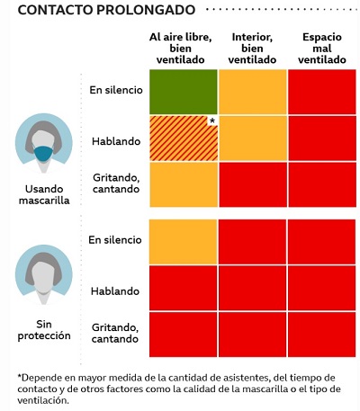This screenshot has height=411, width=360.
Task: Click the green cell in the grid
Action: (x=184, y=92)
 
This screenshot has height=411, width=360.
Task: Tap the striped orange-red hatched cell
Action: (x=184, y=138)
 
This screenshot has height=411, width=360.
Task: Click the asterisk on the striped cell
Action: (x=212, y=121)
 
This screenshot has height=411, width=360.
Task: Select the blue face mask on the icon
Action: (x=43, y=154)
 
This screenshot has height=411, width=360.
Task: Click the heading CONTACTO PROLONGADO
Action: (x=106, y=10)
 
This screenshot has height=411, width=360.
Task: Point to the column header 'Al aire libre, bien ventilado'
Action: (x=181, y=49)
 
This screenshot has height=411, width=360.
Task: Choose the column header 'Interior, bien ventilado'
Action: (x=252, y=49)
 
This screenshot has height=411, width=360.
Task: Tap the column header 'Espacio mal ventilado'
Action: (x=322, y=49)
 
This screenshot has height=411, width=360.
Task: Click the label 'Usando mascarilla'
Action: (x=44, y=194)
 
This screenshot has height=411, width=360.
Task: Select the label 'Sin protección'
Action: (x=44, y=330)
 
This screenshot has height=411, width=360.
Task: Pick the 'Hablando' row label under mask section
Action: (x=116, y=141)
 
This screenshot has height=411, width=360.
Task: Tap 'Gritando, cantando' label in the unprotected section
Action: (x=115, y=333)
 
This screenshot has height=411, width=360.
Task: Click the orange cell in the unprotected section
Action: (x=183, y=242)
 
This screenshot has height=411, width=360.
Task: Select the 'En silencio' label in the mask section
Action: (x=116, y=90)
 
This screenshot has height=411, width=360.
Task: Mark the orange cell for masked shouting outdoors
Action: (x=184, y=184)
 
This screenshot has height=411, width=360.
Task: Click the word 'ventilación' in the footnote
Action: (x=43, y=400)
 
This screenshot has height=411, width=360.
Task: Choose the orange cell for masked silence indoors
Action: (x=253, y=92)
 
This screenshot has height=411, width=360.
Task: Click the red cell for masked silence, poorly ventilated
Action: (x=322, y=92)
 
